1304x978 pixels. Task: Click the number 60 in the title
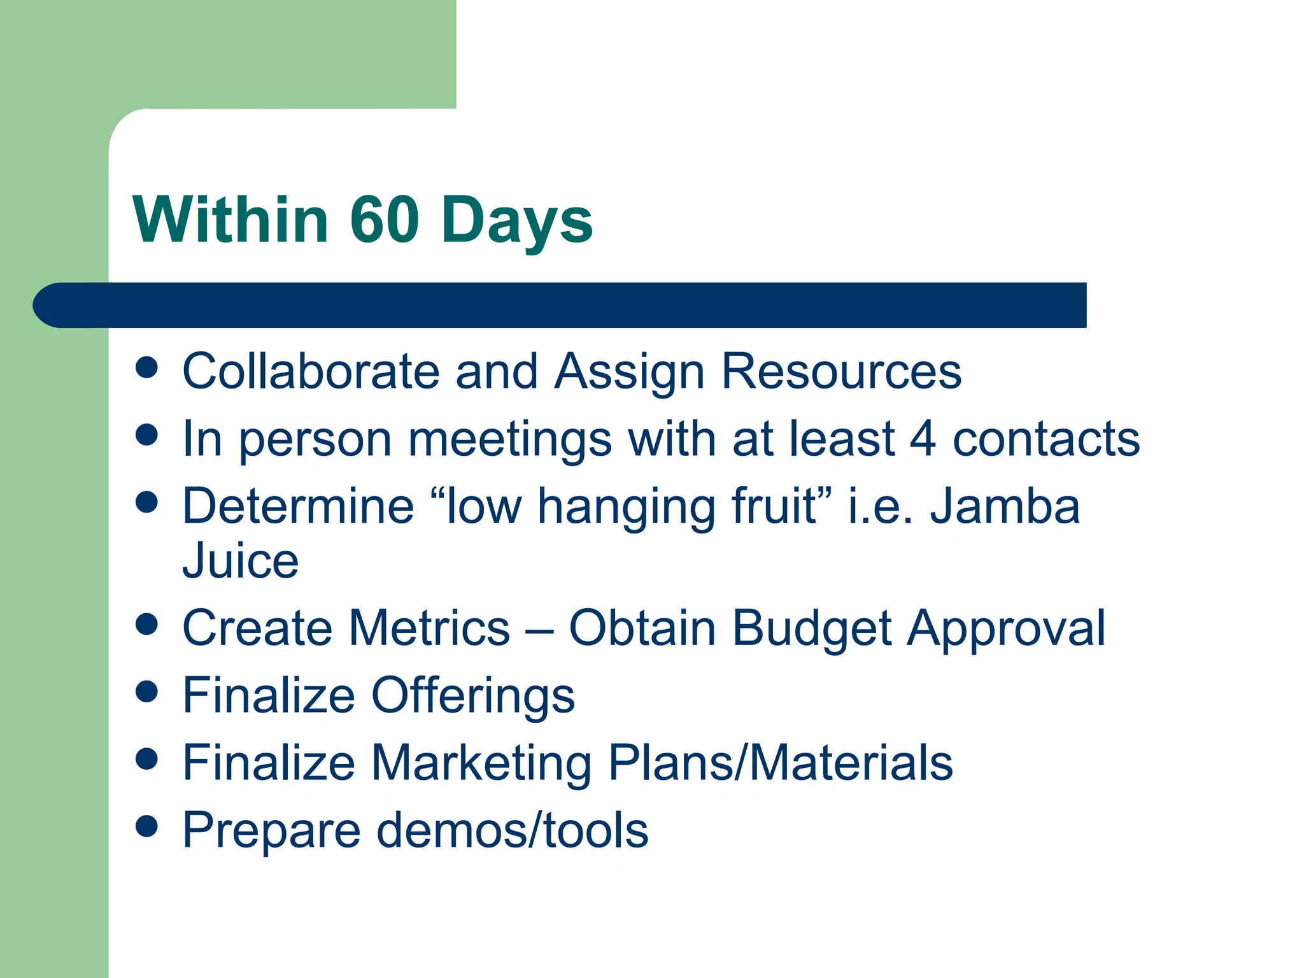coord(384,220)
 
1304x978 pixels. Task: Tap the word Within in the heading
coord(230,220)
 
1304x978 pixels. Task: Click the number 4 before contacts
coord(923,439)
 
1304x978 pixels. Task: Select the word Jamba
coord(1005,506)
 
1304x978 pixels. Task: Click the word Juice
coord(240,561)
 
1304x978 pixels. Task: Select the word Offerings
coord(473,696)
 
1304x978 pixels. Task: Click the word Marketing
coord(481,763)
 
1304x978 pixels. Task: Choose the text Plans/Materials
coord(781,762)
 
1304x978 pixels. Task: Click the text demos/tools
coord(513,830)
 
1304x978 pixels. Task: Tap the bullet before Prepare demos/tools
coord(147,826)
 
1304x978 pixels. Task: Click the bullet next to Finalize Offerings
coord(147,691)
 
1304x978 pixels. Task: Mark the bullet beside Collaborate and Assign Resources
coord(147,367)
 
